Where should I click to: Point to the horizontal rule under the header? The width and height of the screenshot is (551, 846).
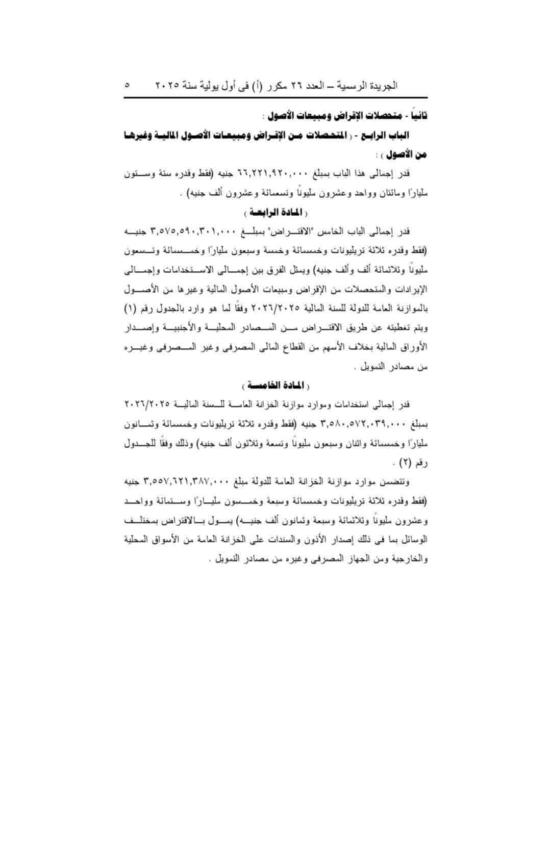click(x=275, y=97)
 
